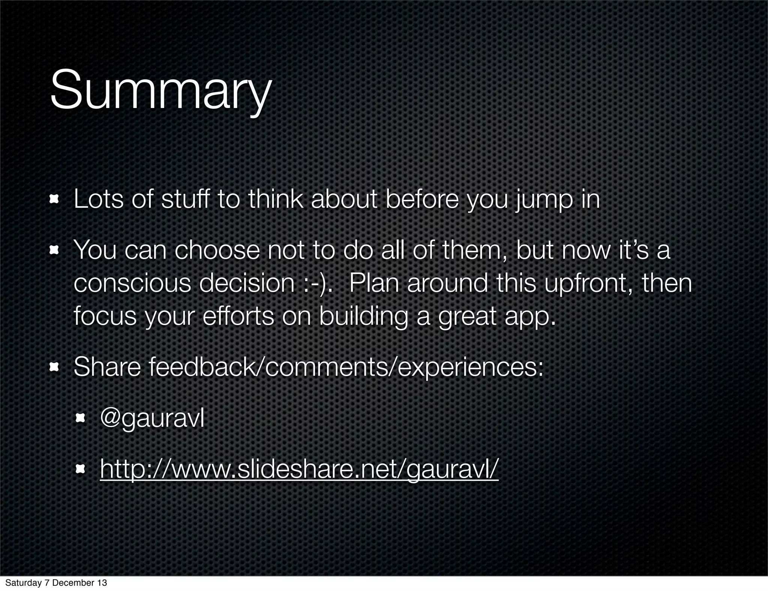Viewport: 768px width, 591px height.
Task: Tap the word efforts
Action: tap(238, 316)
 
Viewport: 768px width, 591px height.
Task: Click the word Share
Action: tap(107, 367)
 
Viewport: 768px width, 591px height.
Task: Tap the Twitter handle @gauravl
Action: tap(152, 418)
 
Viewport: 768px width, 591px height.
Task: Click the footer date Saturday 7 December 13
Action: tap(56, 583)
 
